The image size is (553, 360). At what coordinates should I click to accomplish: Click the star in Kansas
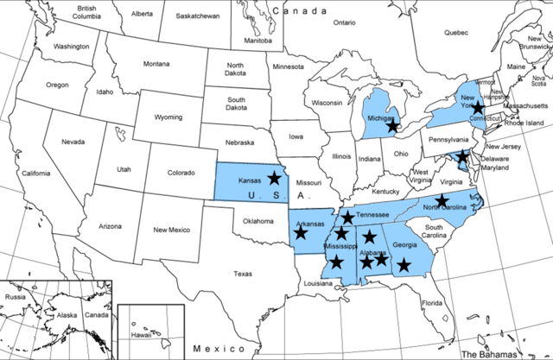coord(274,178)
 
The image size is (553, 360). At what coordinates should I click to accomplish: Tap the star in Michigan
coord(392,126)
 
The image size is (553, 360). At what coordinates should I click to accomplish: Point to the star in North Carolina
coord(442,200)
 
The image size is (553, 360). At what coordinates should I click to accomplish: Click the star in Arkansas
coord(301,232)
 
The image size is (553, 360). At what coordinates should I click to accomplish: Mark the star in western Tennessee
coord(347,218)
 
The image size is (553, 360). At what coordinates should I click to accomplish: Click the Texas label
coord(242,274)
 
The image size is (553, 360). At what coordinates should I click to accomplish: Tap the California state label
coord(36,174)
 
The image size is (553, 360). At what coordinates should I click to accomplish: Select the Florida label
coord(432,303)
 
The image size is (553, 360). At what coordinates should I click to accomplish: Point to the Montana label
coord(156,64)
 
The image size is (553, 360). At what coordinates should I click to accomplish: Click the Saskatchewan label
coord(198,16)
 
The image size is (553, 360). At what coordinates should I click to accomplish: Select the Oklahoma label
coord(257,220)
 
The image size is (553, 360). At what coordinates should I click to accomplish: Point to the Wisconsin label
coord(327,103)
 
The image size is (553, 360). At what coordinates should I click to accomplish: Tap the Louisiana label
coord(318,283)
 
